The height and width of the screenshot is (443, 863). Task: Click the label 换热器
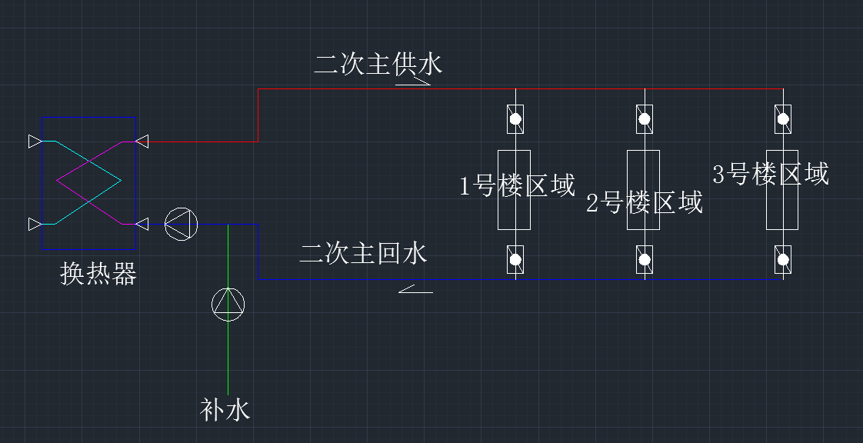[98, 274]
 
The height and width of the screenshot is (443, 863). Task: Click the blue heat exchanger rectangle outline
[42, 185]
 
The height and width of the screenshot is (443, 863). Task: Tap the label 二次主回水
[363, 253]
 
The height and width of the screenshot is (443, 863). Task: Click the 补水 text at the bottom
[225, 409]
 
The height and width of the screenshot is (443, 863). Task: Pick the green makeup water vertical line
[228, 354]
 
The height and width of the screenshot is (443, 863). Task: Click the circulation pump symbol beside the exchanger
[182, 224]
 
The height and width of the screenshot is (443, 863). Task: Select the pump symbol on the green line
[228, 304]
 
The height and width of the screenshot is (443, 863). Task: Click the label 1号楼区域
[517, 185]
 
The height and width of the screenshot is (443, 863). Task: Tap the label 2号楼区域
[645, 203]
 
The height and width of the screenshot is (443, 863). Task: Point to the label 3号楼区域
[771, 175]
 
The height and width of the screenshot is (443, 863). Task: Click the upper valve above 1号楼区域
[515, 119]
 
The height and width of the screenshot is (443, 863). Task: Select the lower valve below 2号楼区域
[645, 260]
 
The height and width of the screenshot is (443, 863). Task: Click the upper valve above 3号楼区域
[783, 118]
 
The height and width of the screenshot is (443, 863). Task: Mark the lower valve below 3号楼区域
[783, 260]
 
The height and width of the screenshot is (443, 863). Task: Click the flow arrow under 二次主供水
[413, 80]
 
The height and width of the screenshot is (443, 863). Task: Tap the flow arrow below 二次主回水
[415, 290]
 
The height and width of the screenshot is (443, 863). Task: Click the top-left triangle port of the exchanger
[35, 142]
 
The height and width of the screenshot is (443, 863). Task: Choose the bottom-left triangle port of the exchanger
[35, 224]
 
